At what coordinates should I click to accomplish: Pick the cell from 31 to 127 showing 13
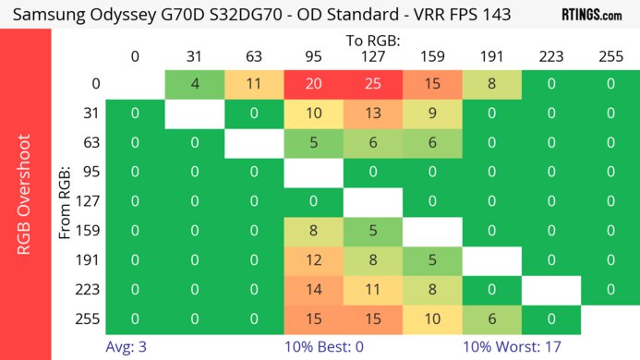[372, 114]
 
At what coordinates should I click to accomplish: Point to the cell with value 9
[432, 114]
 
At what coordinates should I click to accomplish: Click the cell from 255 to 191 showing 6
[491, 319]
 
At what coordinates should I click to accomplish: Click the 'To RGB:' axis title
[372, 41]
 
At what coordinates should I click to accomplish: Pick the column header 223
[550, 56]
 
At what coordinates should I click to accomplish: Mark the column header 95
[313, 56]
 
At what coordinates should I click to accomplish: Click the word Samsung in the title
[51, 15]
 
